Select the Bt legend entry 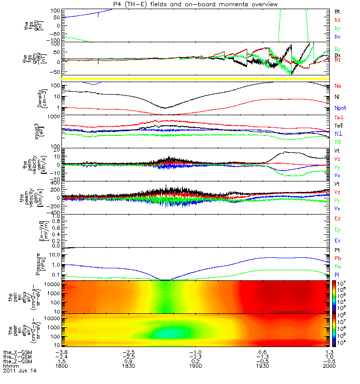(337, 11)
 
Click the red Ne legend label (337, 85)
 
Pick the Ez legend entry (337, 218)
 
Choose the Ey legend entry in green (337, 229)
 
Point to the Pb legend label (337, 258)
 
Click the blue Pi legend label (337, 274)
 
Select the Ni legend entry (337, 97)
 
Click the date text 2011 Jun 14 (20, 371)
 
